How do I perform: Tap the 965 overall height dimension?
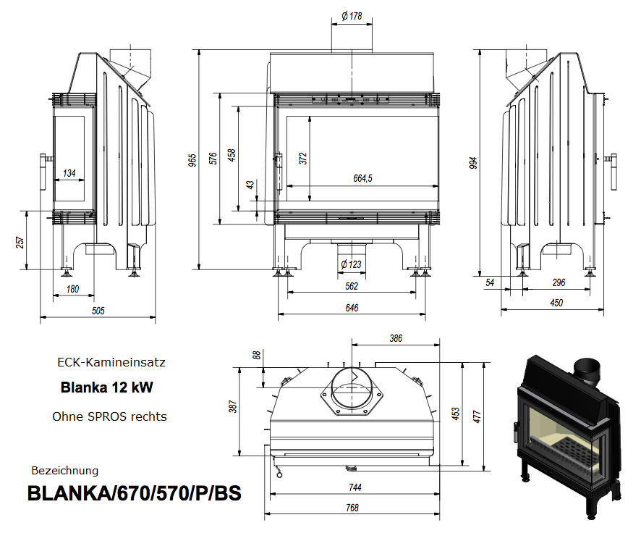click(193, 160)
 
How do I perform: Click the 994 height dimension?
click(473, 163)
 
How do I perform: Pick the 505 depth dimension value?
click(98, 311)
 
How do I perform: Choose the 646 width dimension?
click(352, 308)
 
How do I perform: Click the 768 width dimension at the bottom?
click(352, 508)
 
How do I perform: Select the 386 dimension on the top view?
click(396, 338)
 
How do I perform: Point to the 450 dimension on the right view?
click(556, 303)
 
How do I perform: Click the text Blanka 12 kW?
click(106, 387)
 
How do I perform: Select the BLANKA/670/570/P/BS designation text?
click(135, 494)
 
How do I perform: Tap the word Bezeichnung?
click(65, 471)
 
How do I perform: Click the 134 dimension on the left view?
click(69, 173)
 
